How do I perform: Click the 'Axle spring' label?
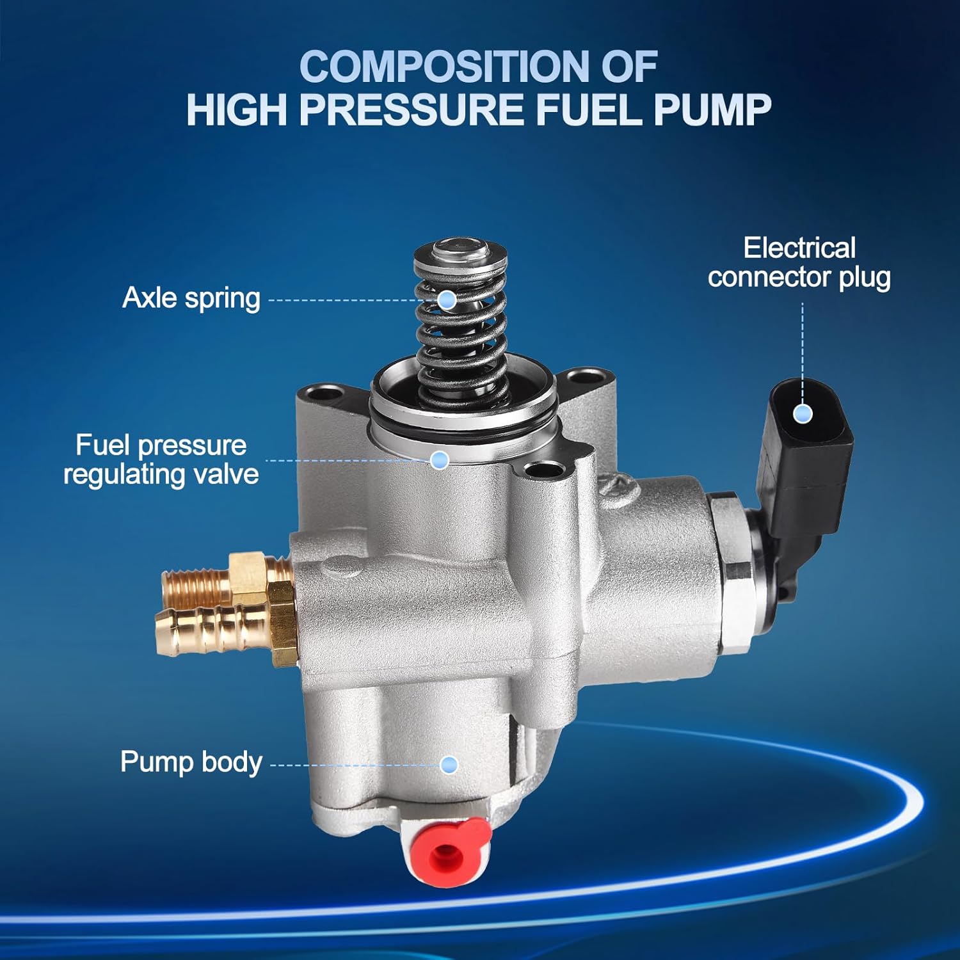click(191, 298)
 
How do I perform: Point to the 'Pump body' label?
click(191, 762)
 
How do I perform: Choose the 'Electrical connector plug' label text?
click(799, 262)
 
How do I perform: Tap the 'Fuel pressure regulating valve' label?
click(161, 460)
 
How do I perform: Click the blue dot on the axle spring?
click(447, 299)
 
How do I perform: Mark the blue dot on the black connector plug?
click(803, 413)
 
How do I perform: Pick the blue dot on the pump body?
click(449, 764)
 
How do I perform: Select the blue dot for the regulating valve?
click(439, 460)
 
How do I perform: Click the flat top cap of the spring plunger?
click(460, 250)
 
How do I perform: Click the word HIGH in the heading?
click(237, 109)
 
